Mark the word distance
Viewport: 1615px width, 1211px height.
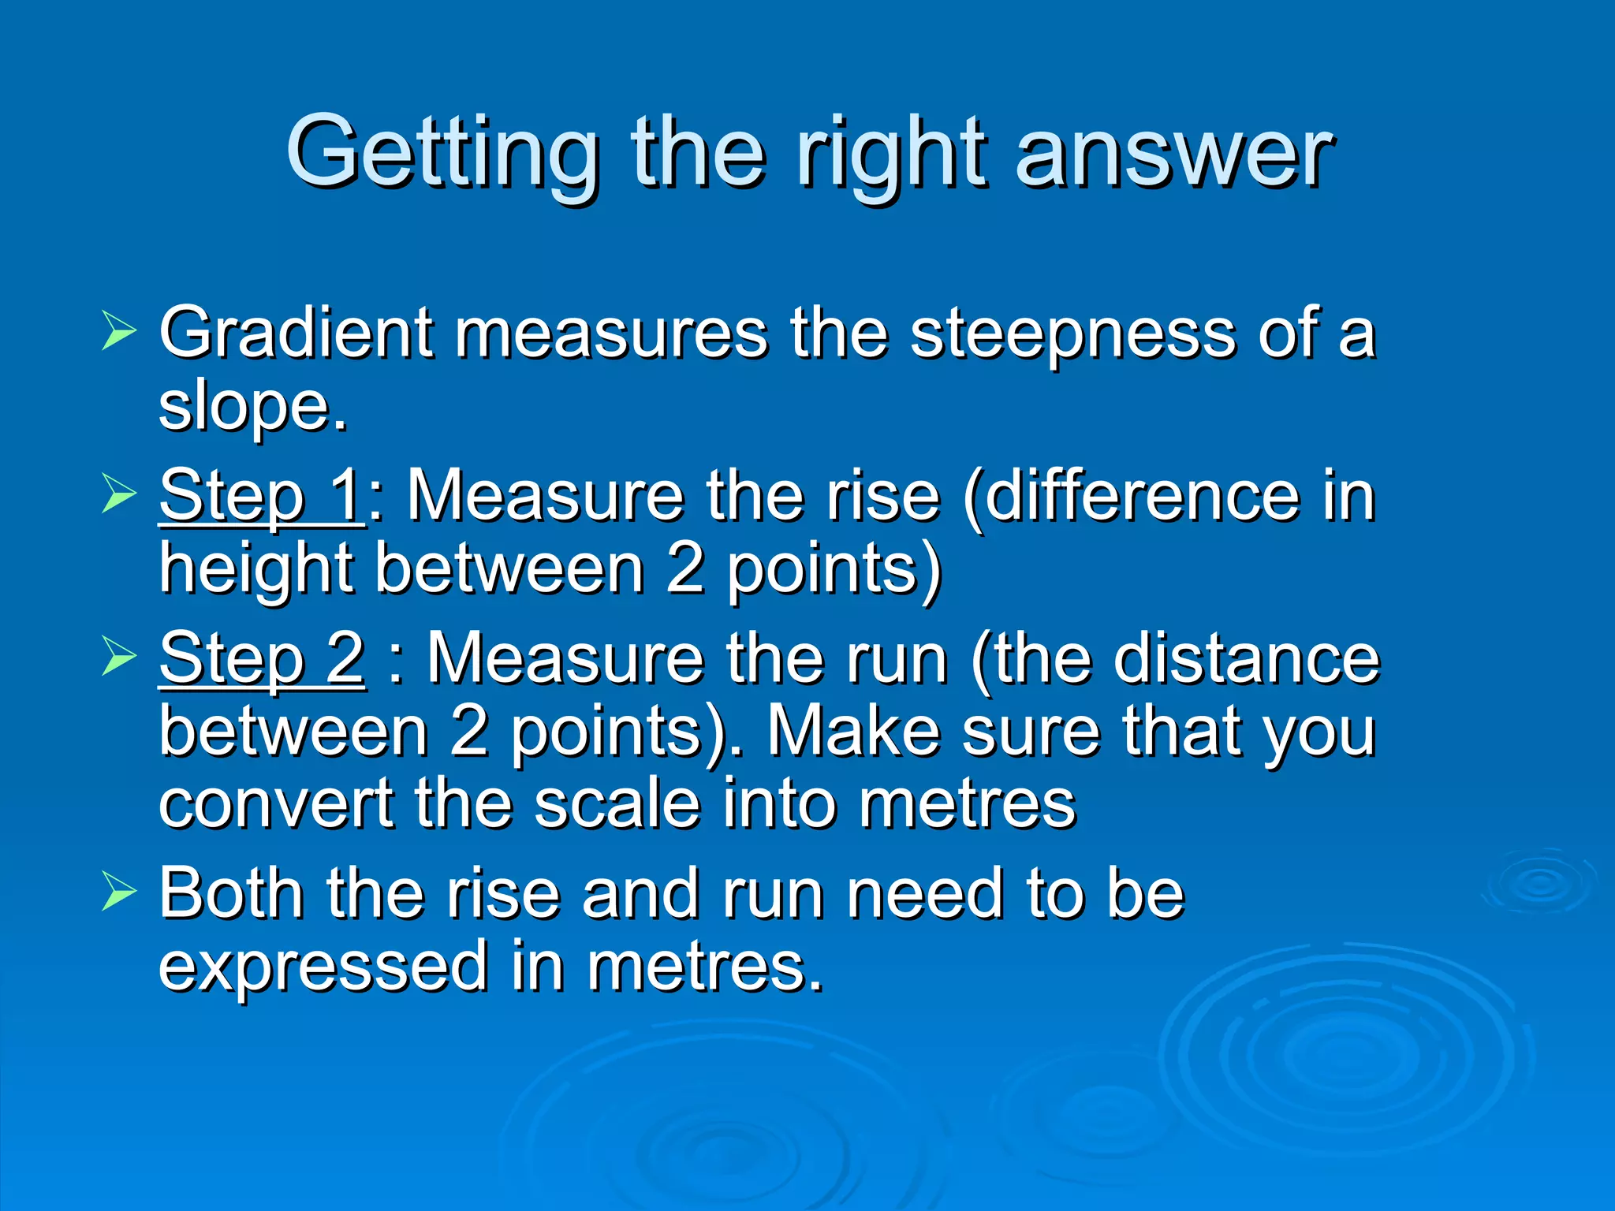pyautogui.click(x=1246, y=659)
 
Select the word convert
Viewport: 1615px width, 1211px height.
pyautogui.click(x=276, y=804)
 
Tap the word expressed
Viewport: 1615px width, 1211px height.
pyautogui.click(x=323, y=967)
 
